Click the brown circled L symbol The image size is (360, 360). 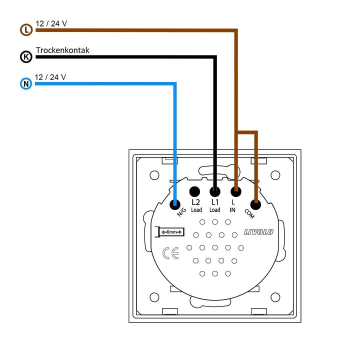click(x=26, y=30)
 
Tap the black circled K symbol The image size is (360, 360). click(x=26, y=56)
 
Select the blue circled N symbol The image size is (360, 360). click(x=26, y=83)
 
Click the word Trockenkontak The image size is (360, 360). click(x=62, y=50)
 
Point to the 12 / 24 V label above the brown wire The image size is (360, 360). click(x=51, y=23)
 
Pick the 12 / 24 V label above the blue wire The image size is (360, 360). click(x=50, y=77)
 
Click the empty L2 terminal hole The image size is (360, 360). click(x=194, y=191)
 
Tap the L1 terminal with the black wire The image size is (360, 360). click(x=215, y=191)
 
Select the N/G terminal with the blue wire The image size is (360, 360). click(x=175, y=204)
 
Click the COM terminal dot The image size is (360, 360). click(x=255, y=204)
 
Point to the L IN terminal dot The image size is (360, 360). click(x=236, y=191)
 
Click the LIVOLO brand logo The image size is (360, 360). click(x=258, y=232)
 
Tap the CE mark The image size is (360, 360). click(x=170, y=253)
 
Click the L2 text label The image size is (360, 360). click(x=196, y=202)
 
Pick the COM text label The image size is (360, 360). click(x=249, y=214)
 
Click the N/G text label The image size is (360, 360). click(x=181, y=212)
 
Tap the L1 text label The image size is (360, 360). click(x=215, y=202)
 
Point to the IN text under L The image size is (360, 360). click(x=232, y=210)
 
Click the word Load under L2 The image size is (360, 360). click(x=196, y=210)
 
